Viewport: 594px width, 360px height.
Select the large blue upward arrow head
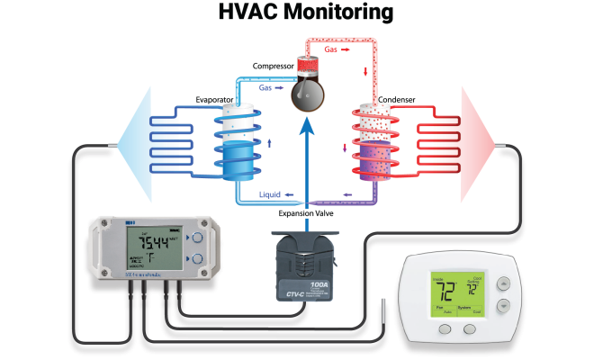coord(308,132)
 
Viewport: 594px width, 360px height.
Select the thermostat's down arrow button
coord(503,304)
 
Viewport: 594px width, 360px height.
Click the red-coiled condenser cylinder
coord(373,144)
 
